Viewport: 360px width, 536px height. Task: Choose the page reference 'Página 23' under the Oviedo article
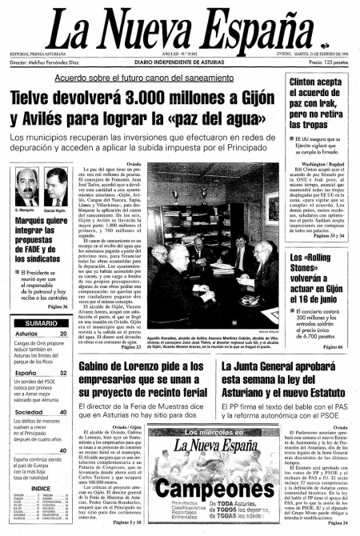pyautogui.click(x=130, y=346)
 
